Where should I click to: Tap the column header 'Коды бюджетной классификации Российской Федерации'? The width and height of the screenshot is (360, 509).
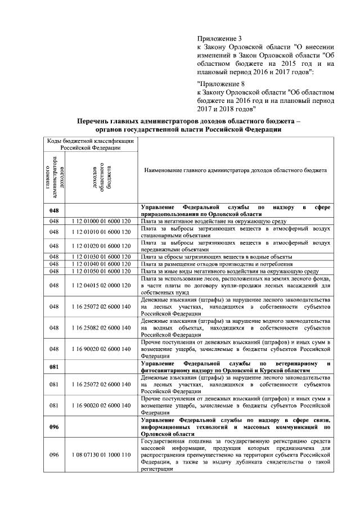90,144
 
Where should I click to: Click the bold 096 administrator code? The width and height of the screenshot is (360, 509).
54,427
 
